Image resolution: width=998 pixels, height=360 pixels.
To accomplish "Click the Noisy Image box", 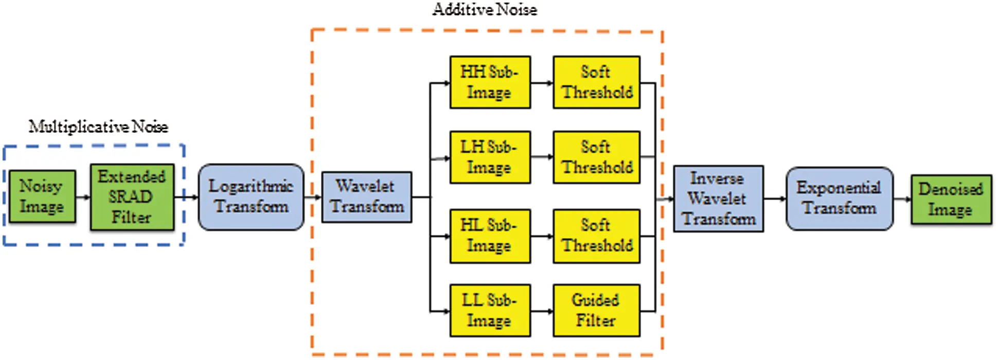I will coord(42,196).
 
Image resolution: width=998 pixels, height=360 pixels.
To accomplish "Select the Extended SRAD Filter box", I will coord(132,197).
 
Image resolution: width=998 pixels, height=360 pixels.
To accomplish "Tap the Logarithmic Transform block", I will coord(251,197).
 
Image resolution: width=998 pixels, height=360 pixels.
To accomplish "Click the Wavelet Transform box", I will coord(366,197).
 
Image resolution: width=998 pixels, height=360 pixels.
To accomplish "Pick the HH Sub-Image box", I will coord(490,82).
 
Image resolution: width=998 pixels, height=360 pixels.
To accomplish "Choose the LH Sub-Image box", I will coord(490,157).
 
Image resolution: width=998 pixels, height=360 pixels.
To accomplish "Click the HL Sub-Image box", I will coord(490,236).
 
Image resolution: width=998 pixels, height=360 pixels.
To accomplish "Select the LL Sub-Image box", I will coord(490,311).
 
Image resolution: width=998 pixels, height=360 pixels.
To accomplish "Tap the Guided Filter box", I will coord(596,311).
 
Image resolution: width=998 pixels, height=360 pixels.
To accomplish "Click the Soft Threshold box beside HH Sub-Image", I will coord(596,82).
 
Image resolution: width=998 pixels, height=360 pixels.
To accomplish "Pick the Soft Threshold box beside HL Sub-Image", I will coord(596,236).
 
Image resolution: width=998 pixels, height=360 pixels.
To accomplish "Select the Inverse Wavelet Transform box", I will coord(718,199).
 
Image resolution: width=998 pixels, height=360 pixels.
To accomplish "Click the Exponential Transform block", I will coord(839,199).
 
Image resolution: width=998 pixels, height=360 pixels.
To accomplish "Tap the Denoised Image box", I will coord(951,200).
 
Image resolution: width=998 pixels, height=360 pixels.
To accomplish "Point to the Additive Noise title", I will coord(485,9).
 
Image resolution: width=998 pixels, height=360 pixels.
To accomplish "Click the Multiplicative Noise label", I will coord(98,127).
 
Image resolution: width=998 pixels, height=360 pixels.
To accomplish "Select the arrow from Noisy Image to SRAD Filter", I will coord(83,197).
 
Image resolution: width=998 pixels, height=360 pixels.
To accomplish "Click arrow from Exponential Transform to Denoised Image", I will coord(902,199).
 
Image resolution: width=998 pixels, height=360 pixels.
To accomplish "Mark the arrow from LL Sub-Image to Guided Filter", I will coord(542,311).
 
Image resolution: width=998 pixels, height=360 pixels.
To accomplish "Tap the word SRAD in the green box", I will coord(131,197).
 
